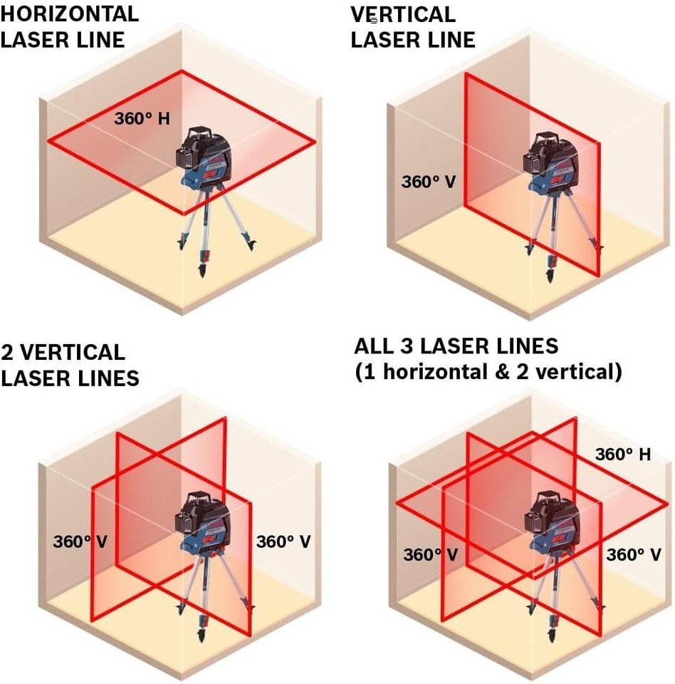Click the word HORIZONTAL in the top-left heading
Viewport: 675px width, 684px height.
pos(70,14)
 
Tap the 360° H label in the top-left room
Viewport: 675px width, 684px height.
pos(142,118)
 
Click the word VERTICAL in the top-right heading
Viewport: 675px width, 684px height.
pos(403,14)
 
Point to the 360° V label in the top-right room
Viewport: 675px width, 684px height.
pos(428,181)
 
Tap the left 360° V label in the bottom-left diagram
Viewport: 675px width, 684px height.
pos(80,541)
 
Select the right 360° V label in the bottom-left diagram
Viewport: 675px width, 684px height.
pos(283,541)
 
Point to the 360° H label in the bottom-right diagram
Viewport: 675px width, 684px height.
pos(622,454)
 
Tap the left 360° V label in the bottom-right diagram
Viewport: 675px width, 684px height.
pos(430,554)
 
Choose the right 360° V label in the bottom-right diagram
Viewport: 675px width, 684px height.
pos(633,554)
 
